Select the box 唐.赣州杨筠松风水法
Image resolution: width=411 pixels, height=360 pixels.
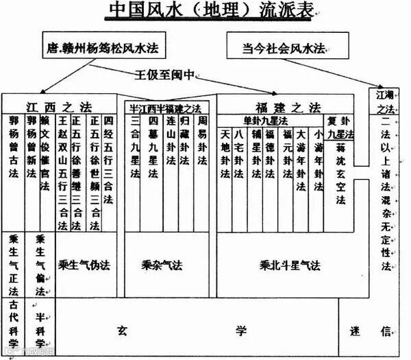(104, 47)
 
